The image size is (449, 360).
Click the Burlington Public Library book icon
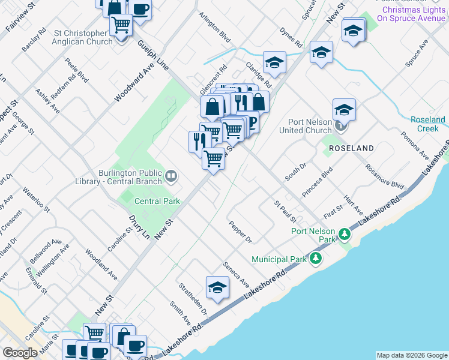171,176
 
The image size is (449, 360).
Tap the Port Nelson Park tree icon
344,233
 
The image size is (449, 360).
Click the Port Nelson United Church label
310,126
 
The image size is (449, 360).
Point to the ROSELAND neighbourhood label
351,148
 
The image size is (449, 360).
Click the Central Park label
157,202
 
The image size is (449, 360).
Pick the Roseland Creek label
428,124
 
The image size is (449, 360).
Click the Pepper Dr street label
241,232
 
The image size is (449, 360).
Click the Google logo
20,353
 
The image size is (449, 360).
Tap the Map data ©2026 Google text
411,355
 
